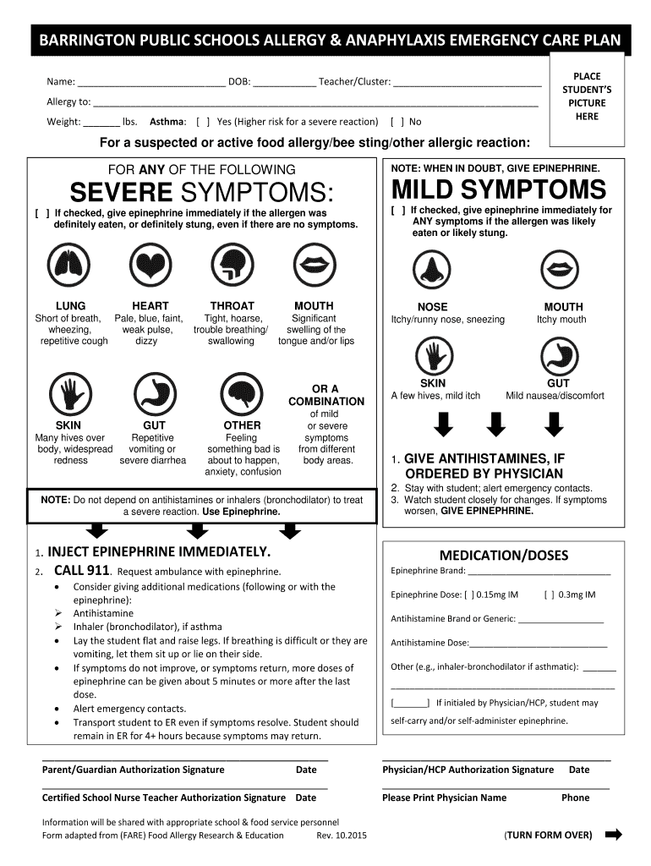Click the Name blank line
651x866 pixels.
click(x=152, y=84)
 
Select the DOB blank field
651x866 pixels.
click(x=285, y=84)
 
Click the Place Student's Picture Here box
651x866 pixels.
click(x=587, y=96)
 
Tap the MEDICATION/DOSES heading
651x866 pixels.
click(x=504, y=555)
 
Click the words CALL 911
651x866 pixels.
click(x=80, y=572)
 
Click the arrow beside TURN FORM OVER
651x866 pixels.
click(x=613, y=835)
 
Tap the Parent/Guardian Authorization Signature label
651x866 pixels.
click(x=134, y=770)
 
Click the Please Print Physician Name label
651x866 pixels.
click(x=444, y=797)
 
